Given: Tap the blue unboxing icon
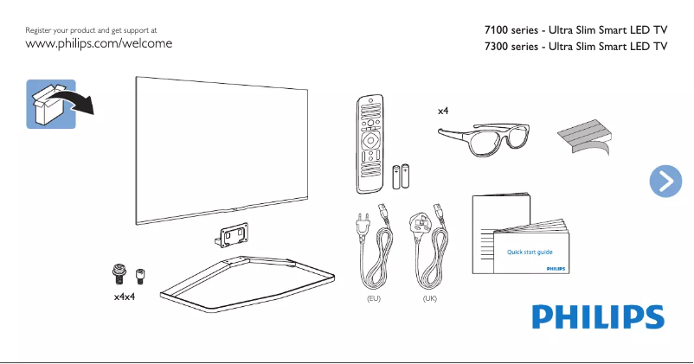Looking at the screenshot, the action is pyautogui.click(x=52, y=103).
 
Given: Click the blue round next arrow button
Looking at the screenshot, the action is pyautogui.click(x=665, y=180).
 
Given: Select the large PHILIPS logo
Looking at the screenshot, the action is pyautogui.click(x=597, y=316).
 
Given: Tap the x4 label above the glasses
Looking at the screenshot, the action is pyautogui.click(x=443, y=111).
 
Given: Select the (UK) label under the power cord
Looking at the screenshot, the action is pyautogui.click(x=430, y=298).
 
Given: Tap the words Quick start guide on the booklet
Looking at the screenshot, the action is pyautogui.click(x=529, y=252).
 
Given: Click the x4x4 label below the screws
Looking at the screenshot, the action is pyautogui.click(x=125, y=297).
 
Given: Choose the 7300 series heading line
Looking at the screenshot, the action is pyautogui.click(x=576, y=48).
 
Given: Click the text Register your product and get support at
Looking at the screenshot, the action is pyautogui.click(x=92, y=30).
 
